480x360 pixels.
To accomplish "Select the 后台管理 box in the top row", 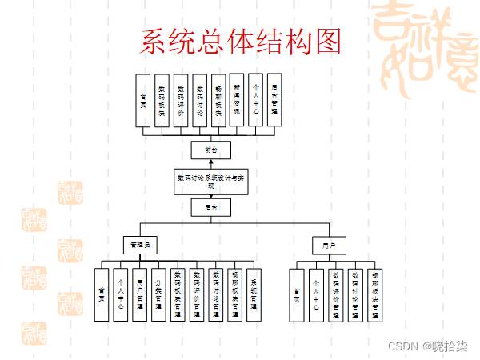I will click(x=275, y=101).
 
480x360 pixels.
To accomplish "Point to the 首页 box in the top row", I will click(x=142, y=101).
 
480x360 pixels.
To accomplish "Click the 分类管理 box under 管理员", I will click(x=159, y=293).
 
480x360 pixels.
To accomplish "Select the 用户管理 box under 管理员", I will click(x=140, y=293).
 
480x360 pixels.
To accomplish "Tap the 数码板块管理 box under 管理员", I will click(x=178, y=293).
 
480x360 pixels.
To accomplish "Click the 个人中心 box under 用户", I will click(x=317, y=293).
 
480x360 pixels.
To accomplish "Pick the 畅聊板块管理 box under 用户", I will click(x=375, y=293).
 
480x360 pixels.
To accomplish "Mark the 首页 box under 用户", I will click(x=298, y=293).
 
